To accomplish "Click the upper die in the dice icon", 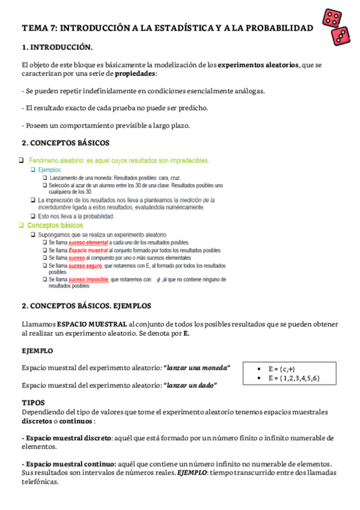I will coord(331,17).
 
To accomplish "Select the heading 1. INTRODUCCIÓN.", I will coord(57,47).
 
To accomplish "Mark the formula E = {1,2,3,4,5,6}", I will coord(294,378).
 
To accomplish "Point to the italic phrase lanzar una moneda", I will coord(197,367).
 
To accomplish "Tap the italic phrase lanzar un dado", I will coord(190,384).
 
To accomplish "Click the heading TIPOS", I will coord(33,402).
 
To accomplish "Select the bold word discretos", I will coord(40,421).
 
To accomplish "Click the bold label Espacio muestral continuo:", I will coord(69,464).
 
